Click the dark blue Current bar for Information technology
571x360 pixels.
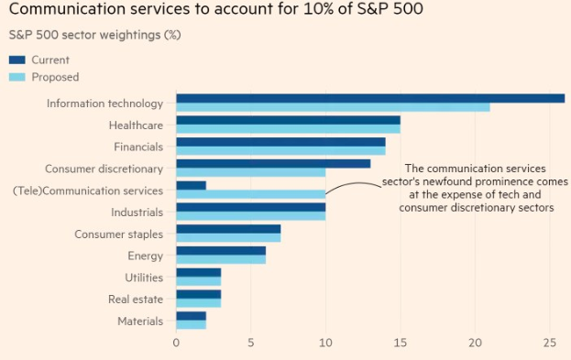point(369,98)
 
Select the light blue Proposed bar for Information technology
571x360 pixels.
point(333,107)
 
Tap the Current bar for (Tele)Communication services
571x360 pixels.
point(191,185)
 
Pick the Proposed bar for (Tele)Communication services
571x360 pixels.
point(250,194)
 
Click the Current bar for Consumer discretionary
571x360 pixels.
point(273,163)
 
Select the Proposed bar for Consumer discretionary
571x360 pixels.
point(250,172)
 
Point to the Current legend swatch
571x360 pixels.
point(18,60)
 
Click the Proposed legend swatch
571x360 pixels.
point(18,77)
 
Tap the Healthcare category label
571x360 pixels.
point(136,125)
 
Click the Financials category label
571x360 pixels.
point(138,147)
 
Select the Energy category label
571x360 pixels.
point(146,256)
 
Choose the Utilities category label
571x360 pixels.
point(144,278)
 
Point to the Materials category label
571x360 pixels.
point(140,321)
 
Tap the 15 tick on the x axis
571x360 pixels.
point(400,343)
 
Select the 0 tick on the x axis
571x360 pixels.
point(176,343)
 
